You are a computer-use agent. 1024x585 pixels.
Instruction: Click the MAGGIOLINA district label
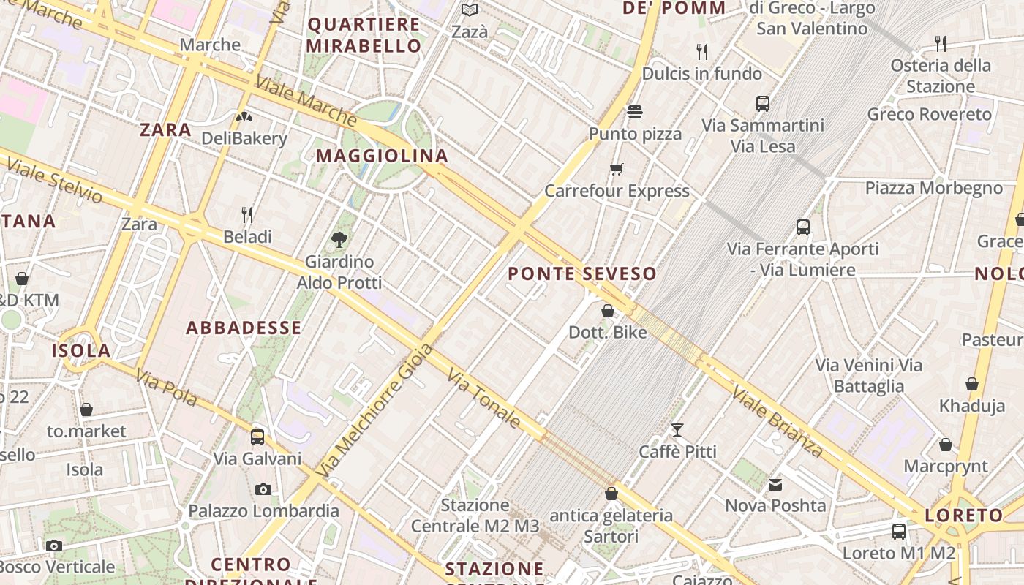click(382, 156)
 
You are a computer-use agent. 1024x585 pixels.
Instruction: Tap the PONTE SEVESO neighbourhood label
click(582, 274)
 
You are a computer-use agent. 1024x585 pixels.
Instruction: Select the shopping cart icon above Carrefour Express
click(617, 170)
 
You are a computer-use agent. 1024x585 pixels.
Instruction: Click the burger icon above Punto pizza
click(634, 112)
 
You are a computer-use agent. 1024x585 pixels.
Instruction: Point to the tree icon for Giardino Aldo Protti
click(339, 238)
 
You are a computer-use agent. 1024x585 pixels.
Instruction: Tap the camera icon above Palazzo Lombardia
click(263, 489)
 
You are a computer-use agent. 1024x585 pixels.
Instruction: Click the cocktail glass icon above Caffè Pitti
click(677, 429)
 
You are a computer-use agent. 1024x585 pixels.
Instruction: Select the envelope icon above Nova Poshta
click(775, 484)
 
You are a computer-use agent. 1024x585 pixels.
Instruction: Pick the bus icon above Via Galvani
click(257, 437)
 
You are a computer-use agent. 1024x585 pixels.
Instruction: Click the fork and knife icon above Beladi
click(247, 214)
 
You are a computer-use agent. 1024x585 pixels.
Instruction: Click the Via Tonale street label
click(484, 399)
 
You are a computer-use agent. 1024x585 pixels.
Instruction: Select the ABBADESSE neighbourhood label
click(244, 328)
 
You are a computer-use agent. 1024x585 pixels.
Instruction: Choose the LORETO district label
click(964, 516)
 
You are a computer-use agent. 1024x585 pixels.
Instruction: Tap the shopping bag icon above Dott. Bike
click(607, 311)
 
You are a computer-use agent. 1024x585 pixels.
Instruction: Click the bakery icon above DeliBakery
click(244, 116)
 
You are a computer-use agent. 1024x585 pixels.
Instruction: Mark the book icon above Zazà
click(469, 10)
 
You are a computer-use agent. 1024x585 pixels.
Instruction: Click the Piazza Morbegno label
click(933, 188)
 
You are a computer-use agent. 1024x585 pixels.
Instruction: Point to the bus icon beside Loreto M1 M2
click(899, 532)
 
